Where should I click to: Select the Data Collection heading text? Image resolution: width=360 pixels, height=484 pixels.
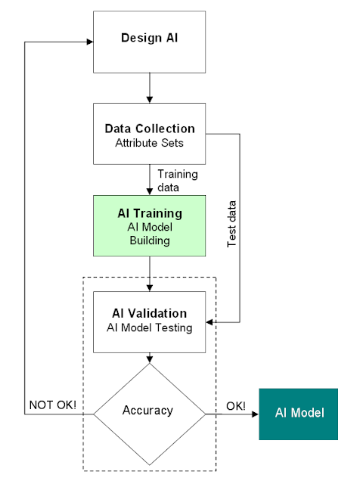[149, 129]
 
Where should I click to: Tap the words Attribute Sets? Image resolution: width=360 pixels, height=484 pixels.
[149, 142]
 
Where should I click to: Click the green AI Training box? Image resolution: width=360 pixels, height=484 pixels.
[149, 226]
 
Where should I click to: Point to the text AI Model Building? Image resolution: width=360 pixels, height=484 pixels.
[149, 234]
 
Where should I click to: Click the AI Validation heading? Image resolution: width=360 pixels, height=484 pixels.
[149, 313]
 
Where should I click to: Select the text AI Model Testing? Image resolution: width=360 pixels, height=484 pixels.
[149, 327]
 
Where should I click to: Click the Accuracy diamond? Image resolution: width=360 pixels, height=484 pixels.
[149, 411]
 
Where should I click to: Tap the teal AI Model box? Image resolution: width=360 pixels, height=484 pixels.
[299, 414]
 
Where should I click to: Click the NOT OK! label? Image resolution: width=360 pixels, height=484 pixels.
[52, 406]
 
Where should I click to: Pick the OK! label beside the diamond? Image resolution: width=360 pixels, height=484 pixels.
[235, 406]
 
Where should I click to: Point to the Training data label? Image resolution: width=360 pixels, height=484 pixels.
[178, 180]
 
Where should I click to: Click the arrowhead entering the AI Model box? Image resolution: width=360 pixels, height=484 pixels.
[255, 414]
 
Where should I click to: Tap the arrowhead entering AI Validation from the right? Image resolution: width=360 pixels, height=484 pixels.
[210, 323]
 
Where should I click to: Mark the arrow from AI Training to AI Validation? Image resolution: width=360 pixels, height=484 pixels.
[150, 274]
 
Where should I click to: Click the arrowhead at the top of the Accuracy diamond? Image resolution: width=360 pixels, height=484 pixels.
[150, 360]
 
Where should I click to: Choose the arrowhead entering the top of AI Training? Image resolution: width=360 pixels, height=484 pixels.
[150, 191]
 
